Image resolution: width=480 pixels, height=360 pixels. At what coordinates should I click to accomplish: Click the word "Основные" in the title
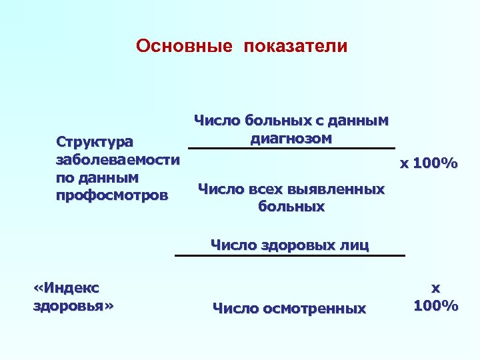click(x=185, y=46)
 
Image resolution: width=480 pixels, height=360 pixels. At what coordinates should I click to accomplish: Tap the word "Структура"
click(x=95, y=142)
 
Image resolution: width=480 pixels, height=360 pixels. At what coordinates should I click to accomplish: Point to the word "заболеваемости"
click(x=117, y=160)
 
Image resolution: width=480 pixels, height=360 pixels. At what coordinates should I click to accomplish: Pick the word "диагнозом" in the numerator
click(x=291, y=139)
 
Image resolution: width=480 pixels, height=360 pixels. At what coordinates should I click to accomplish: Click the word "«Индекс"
click(x=65, y=288)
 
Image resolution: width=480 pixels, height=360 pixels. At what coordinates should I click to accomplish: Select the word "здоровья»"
click(x=73, y=306)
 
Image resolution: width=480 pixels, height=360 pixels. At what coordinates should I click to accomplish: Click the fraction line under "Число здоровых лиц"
click(x=290, y=255)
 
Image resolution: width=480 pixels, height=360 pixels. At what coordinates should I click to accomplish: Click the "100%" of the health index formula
click(x=435, y=306)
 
